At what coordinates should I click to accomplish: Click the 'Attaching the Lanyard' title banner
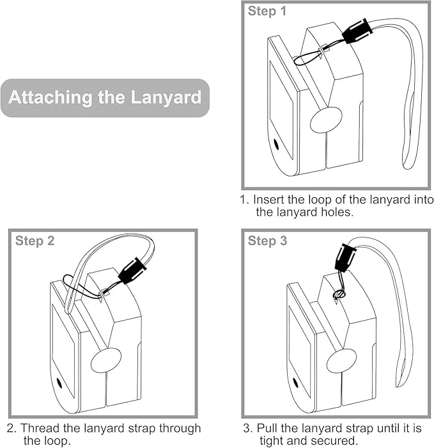click(x=105, y=98)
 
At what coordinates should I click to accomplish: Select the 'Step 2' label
click(x=35, y=241)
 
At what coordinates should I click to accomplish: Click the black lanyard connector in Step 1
click(x=358, y=31)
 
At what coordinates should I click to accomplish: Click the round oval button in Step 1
click(x=326, y=120)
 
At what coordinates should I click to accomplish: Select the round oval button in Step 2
click(x=105, y=360)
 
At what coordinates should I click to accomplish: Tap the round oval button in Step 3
click(x=342, y=361)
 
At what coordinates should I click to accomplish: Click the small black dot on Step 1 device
click(x=276, y=144)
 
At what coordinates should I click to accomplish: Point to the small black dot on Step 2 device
click(x=59, y=383)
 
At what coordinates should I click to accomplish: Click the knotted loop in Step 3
click(x=339, y=294)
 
